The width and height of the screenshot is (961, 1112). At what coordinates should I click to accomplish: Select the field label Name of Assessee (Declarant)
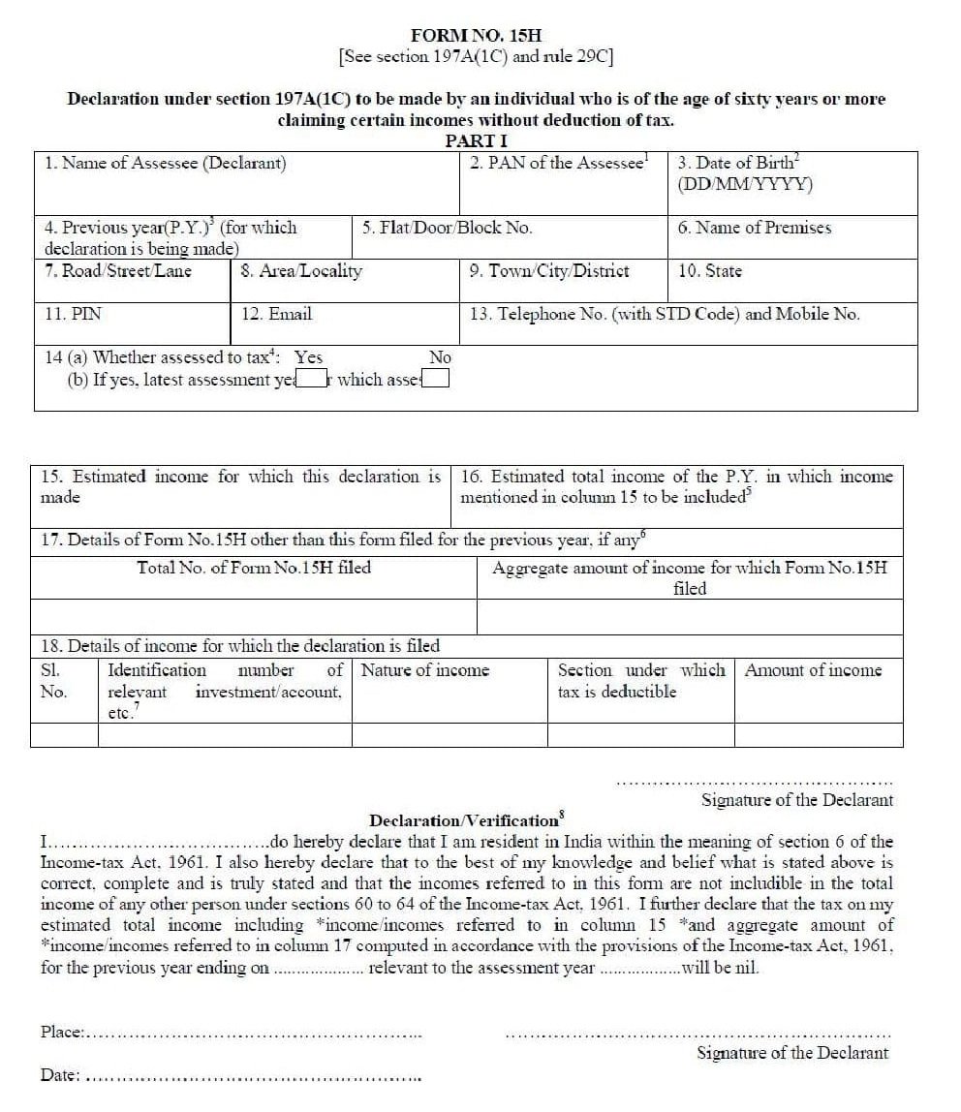(165, 163)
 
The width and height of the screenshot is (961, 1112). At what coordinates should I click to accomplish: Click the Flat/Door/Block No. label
(447, 228)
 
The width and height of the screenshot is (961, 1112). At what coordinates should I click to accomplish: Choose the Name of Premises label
(754, 228)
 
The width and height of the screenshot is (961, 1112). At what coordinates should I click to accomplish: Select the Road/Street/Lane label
(118, 271)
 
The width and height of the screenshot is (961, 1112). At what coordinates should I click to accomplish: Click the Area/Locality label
(300, 271)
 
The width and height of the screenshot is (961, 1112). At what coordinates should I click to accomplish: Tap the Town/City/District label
(548, 271)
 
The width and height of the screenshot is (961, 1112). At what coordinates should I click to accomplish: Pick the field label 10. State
(709, 271)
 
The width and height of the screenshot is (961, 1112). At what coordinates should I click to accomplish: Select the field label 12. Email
(277, 314)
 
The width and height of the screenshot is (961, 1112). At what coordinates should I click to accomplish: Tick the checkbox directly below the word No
(437, 379)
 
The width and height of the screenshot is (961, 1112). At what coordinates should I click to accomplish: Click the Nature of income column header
(425, 670)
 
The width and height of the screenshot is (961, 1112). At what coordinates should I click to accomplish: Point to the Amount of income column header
(813, 670)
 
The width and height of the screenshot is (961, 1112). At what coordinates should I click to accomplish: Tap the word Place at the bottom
(62, 1033)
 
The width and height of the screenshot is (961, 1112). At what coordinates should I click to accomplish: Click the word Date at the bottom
(59, 1075)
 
